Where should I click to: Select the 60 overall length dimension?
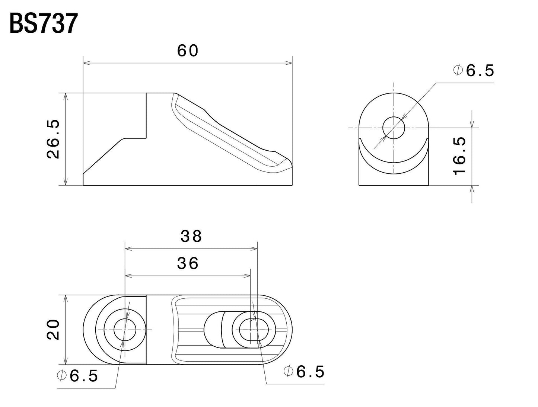(187, 51)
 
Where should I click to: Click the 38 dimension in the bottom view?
(191, 236)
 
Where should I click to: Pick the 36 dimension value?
(188, 263)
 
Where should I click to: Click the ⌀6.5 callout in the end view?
(474, 70)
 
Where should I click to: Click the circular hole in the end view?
(394, 128)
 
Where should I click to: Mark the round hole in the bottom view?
(125, 330)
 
